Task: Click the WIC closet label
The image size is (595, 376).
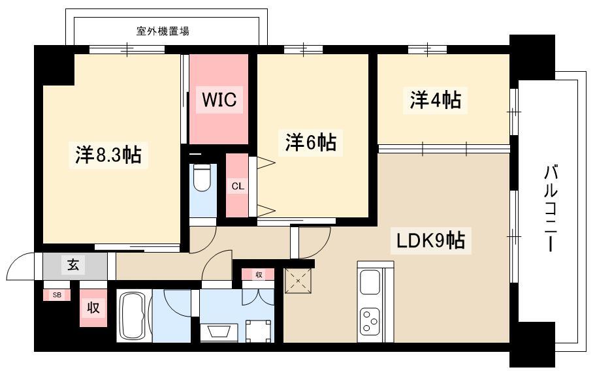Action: pyautogui.click(x=219, y=100)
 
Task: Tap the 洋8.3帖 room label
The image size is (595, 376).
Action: pyautogui.click(x=108, y=155)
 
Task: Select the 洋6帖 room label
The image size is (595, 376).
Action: pyautogui.click(x=310, y=143)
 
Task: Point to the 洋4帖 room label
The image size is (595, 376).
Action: pyautogui.click(x=435, y=100)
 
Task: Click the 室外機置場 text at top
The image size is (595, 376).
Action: pyautogui.click(x=163, y=31)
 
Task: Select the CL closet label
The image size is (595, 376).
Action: pyautogui.click(x=238, y=186)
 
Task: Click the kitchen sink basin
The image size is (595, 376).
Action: pyautogui.click(x=370, y=282)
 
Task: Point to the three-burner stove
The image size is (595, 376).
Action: pyautogui.click(x=370, y=321)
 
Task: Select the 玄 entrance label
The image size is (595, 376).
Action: pyautogui.click(x=74, y=264)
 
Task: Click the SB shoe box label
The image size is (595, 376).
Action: pyautogui.click(x=57, y=295)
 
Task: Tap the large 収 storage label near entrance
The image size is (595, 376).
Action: pyautogui.click(x=93, y=307)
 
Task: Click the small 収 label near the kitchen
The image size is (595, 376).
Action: pyautogui.click(x=259, y=274)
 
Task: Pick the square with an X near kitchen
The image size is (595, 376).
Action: pyautogui.click(x=298, y=281)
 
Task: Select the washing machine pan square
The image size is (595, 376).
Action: pyautogui.click(x=259, y=331)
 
